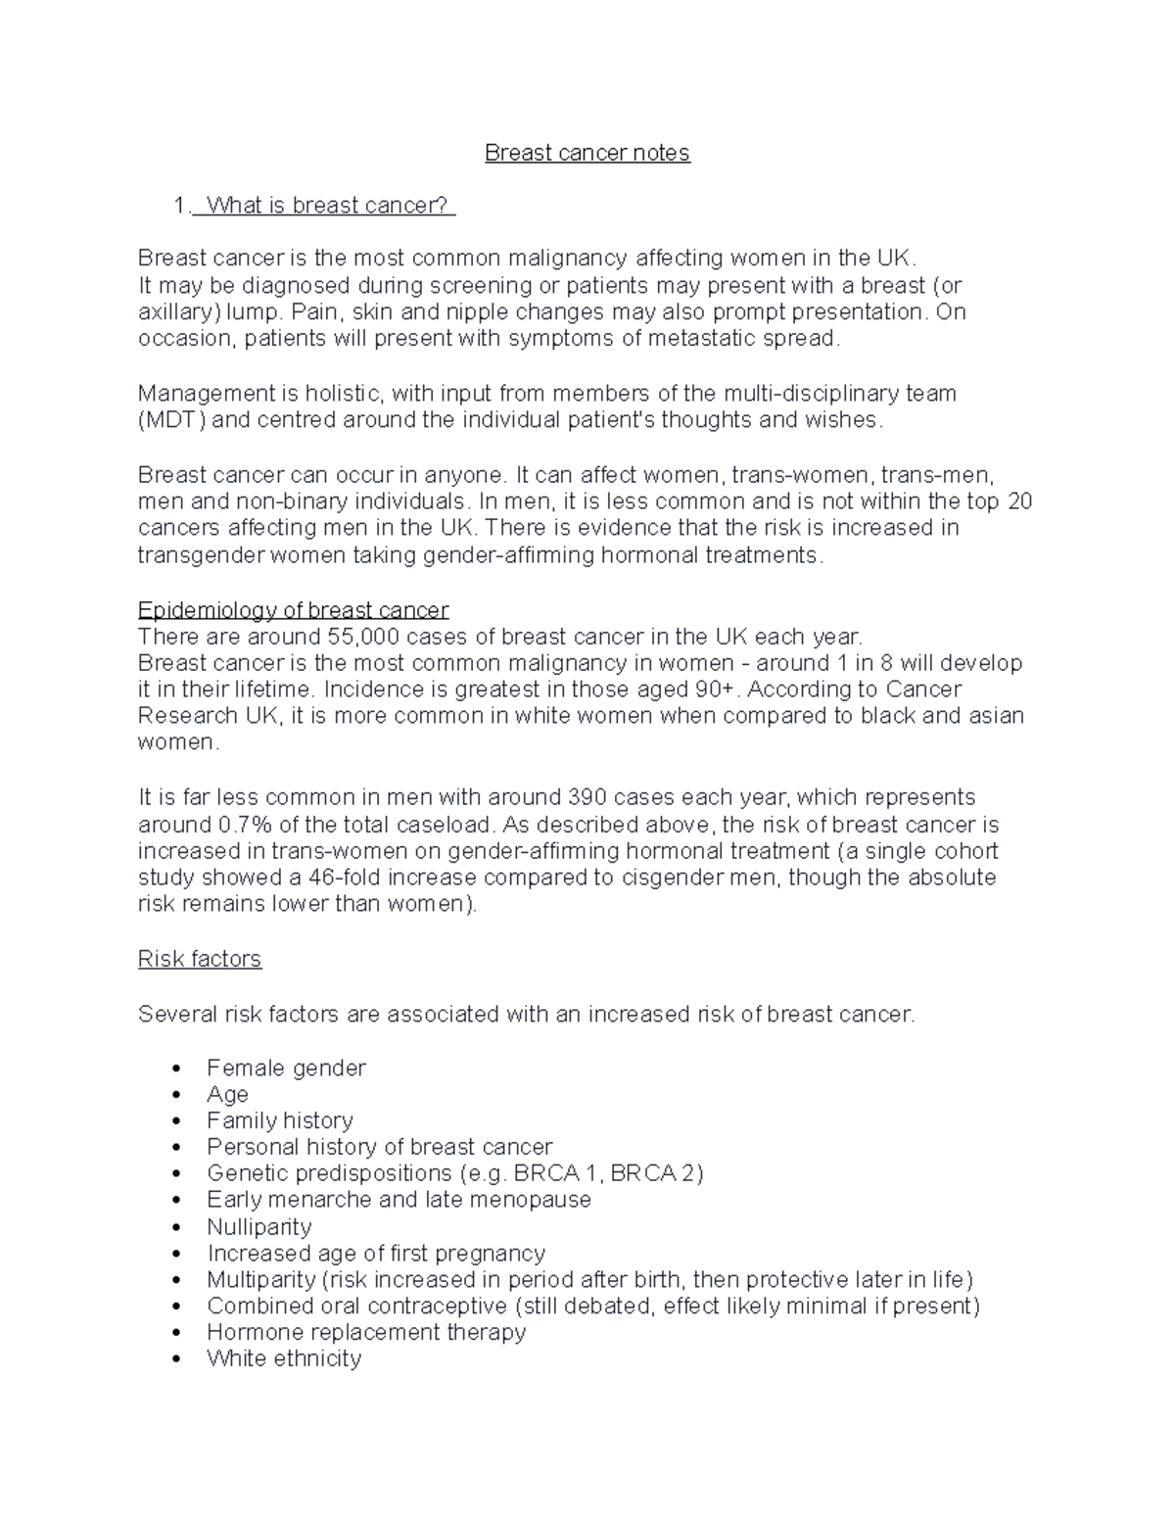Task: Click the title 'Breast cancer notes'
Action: click(587, 153)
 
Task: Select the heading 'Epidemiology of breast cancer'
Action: click(293, 610)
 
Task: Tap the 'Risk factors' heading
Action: click(200, 959)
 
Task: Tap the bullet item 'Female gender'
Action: click(286, 1068)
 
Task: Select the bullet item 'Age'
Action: click(227, 1094)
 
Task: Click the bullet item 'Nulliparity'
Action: click(258, 1227)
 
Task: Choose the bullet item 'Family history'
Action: click(280, 1120)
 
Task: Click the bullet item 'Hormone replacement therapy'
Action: click(366, 1332)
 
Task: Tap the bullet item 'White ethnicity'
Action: click(284, 1358)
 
